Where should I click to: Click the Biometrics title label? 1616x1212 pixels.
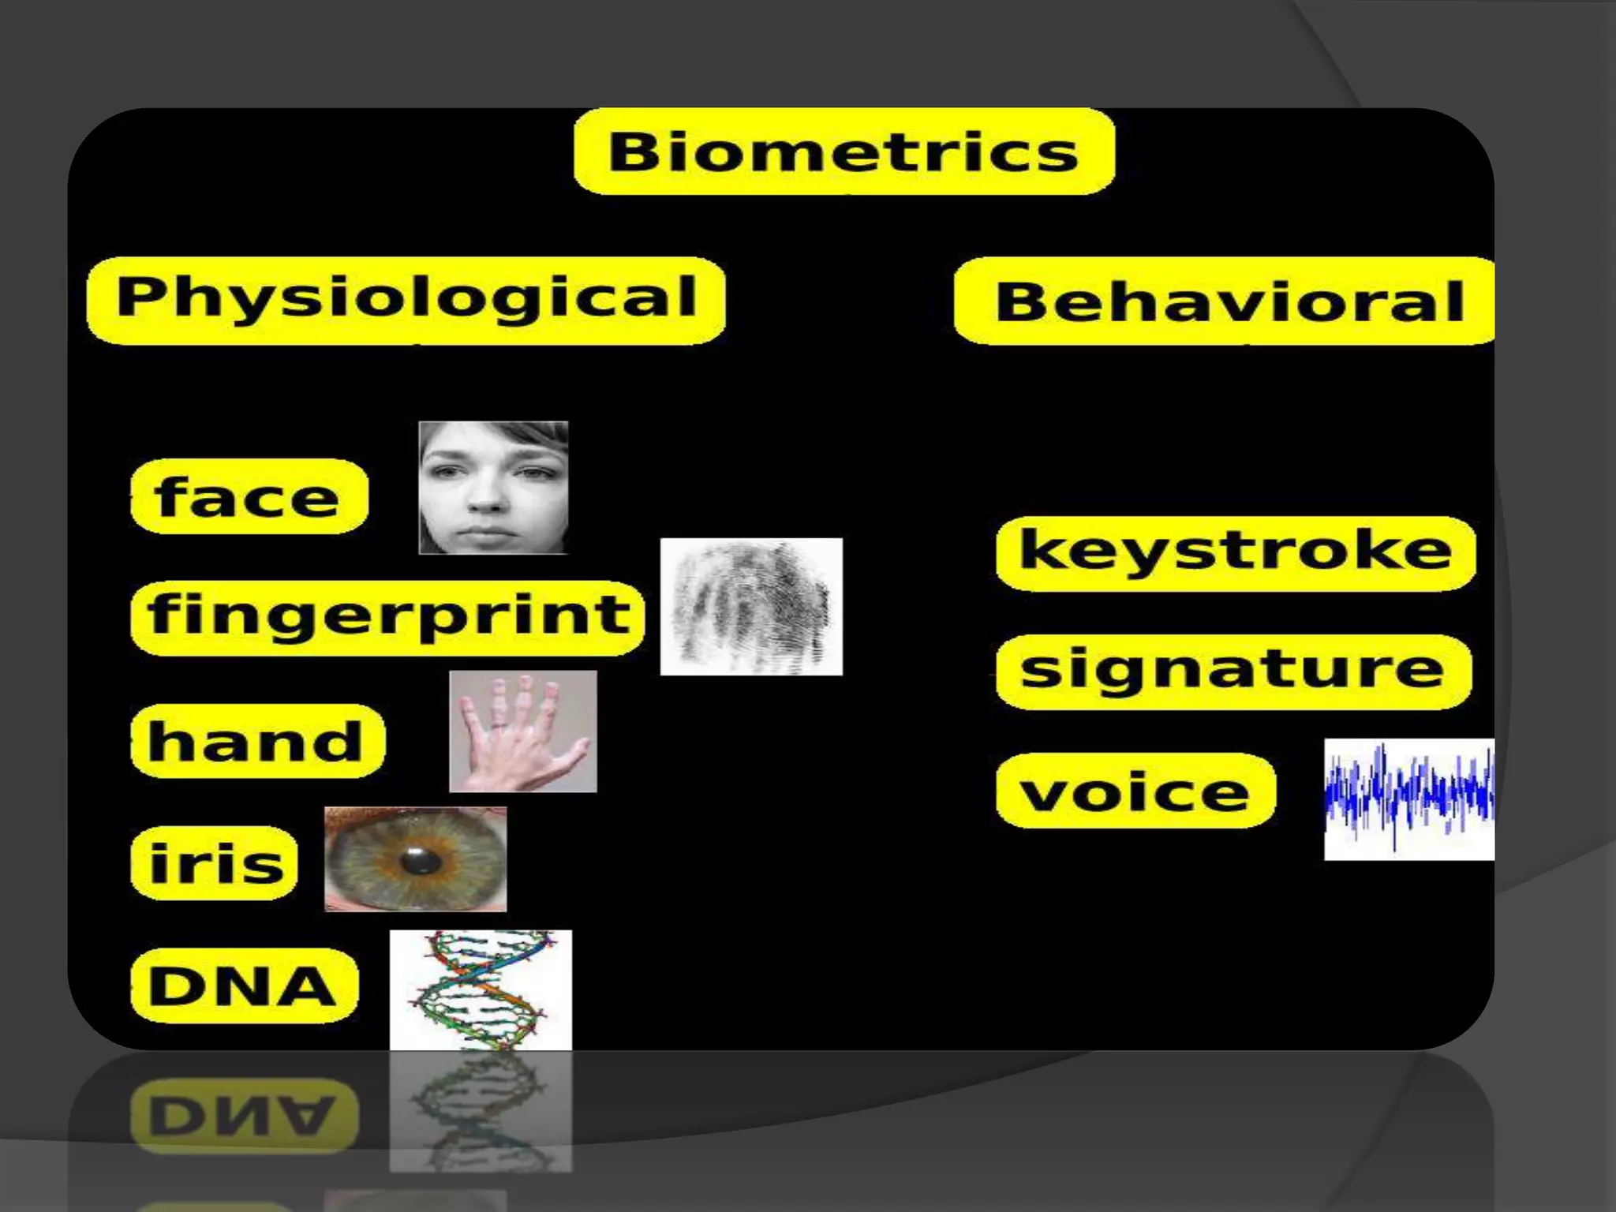point(844,151)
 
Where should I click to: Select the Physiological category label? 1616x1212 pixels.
point(406,300)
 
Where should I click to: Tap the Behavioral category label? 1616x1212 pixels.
point(1227,301)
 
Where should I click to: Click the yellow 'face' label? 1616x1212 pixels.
point(249,496)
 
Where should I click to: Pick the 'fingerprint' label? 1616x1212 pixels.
point(387,617)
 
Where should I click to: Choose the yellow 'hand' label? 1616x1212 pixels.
point(257,741)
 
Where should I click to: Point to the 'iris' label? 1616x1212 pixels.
point(215,862)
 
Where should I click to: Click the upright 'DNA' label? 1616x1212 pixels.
point(244,986)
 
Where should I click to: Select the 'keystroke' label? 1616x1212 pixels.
point(1235,552)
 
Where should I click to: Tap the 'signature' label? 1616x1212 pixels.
point(1233,671)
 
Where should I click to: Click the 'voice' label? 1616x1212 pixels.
point(1135,791)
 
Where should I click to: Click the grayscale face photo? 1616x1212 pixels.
point(493,488)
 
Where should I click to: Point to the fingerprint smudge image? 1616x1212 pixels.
point(751,606)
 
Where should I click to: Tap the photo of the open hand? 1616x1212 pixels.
point(522,731)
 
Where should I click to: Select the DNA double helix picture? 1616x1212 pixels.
point(481,989)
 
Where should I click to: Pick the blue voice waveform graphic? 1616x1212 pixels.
point(1408,799)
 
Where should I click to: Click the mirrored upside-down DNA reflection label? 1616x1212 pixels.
point(244,1115)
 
